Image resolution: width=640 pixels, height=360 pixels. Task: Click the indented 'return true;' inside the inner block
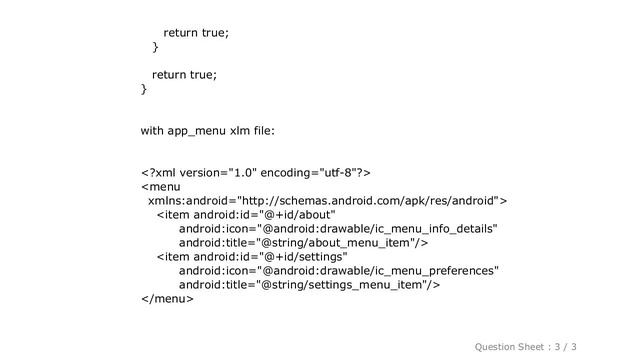(x=196, y=33)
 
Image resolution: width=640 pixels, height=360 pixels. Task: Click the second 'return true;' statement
(x=184, y=75)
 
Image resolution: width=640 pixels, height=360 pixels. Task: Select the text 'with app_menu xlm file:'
(x=207, y=131)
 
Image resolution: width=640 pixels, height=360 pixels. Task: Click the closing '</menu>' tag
(x=167, y=298)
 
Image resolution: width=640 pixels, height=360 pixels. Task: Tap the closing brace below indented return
(x=155, y=47)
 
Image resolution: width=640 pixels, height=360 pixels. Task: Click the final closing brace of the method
(x=144, y=89)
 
